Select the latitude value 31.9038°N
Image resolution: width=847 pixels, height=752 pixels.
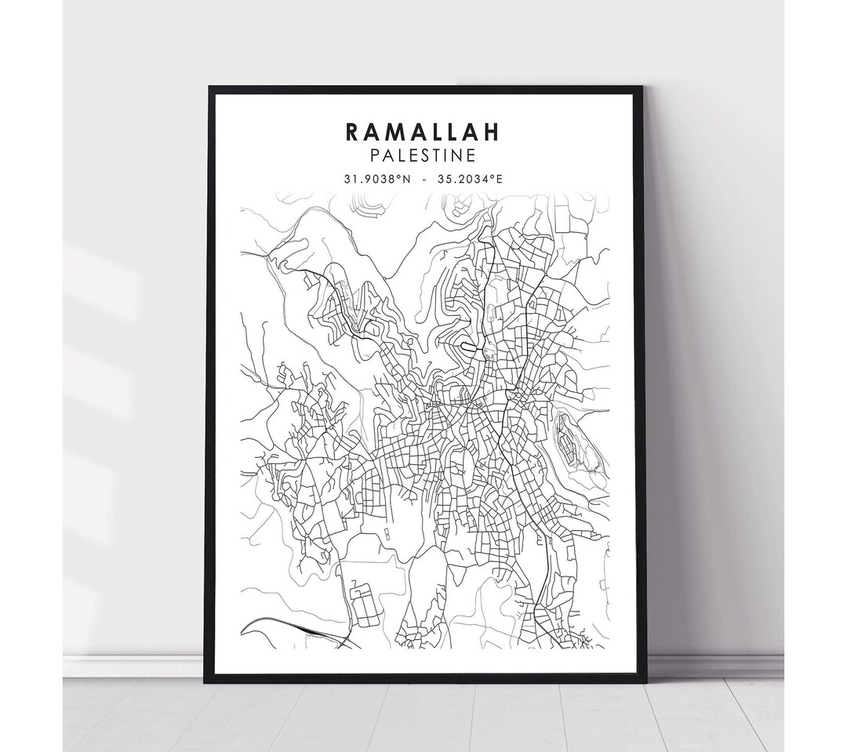(x=377, y=179)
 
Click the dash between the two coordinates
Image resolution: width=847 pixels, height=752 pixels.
(x=423, y=179)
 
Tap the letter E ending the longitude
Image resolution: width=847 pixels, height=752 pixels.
(x=500, y=179)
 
